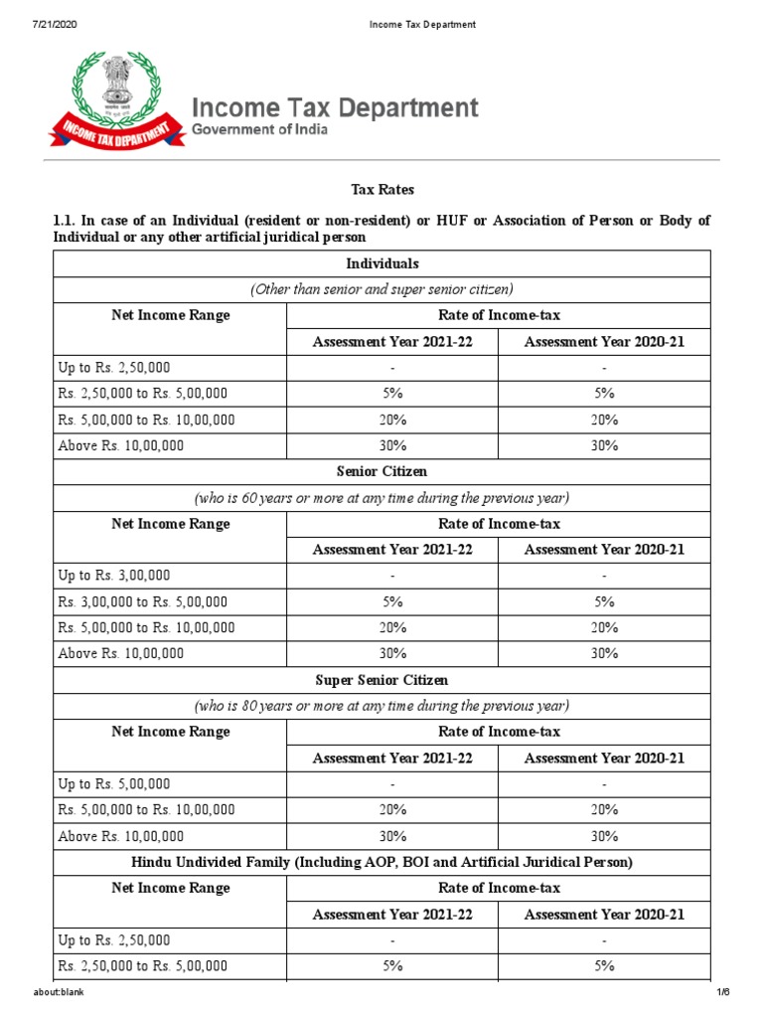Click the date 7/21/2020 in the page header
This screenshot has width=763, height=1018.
pos(32,24)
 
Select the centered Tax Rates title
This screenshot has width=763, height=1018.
pos(381,189)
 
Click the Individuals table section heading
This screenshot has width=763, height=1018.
pos(381,263)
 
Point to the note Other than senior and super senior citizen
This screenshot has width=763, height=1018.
pos(381,289)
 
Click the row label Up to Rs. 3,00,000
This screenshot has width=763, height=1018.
pos(114,576)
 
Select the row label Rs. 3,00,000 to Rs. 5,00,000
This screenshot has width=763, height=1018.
pos(143,601)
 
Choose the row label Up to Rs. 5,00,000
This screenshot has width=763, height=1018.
pos(114,783)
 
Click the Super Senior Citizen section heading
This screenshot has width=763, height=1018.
pos(381,680)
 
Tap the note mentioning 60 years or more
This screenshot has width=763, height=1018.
pos(381,497)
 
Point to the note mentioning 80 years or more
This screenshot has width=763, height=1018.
pos(381,706)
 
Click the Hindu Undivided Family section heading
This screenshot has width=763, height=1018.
pos(381,861)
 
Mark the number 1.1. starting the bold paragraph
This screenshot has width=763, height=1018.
pos(68,220)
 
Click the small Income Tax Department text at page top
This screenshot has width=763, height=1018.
pos(381,24)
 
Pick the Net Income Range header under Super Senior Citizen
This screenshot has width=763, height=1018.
pos(170,732)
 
